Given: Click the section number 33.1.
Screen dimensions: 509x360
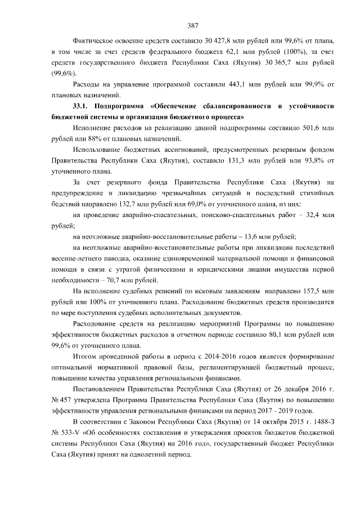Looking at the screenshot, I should click(82, 106).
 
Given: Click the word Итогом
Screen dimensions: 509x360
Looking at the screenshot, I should click(85, 357).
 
